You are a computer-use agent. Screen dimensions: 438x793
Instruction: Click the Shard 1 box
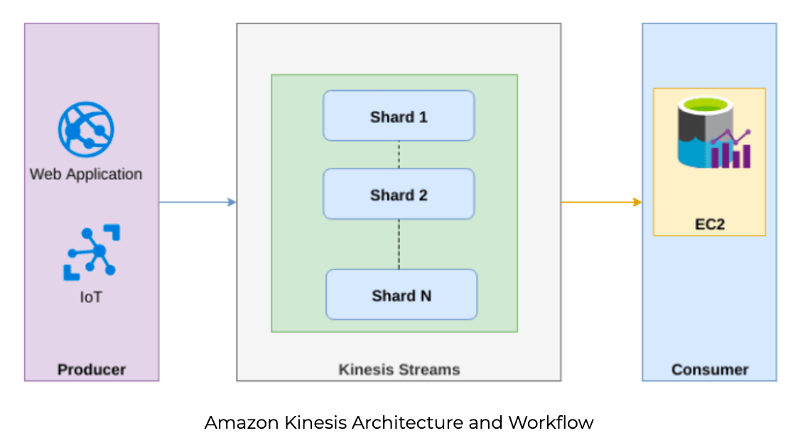click(399, 116)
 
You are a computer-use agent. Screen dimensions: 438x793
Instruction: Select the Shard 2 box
click(399, 194)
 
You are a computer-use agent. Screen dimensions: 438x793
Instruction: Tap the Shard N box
click(401, 294)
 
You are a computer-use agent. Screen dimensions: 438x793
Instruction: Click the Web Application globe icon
click(86, 129)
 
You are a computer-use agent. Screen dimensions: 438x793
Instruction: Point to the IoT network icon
click(92, 252)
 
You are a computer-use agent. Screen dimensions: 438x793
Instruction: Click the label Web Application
click(86, 174)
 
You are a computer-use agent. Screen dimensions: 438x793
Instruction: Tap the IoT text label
click(91, 297)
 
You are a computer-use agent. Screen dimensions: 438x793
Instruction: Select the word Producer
click(92, 370)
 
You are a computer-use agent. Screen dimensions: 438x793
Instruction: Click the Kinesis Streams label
click(399, 370)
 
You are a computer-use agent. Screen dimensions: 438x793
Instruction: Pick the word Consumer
click(710, 370)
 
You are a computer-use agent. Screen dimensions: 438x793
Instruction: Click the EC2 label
click(710, 224)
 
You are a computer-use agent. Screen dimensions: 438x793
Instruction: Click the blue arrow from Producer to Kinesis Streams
click(198, 203)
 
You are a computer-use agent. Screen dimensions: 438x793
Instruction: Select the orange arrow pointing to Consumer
click(601, 203)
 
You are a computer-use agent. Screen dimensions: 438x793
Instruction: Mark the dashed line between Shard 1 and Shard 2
click(399, 154)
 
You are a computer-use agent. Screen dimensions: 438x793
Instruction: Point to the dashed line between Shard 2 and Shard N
click(399, 244)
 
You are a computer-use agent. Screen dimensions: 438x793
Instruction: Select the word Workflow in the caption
click(551, 422)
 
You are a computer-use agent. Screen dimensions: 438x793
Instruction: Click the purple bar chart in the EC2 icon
click(731, 154)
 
